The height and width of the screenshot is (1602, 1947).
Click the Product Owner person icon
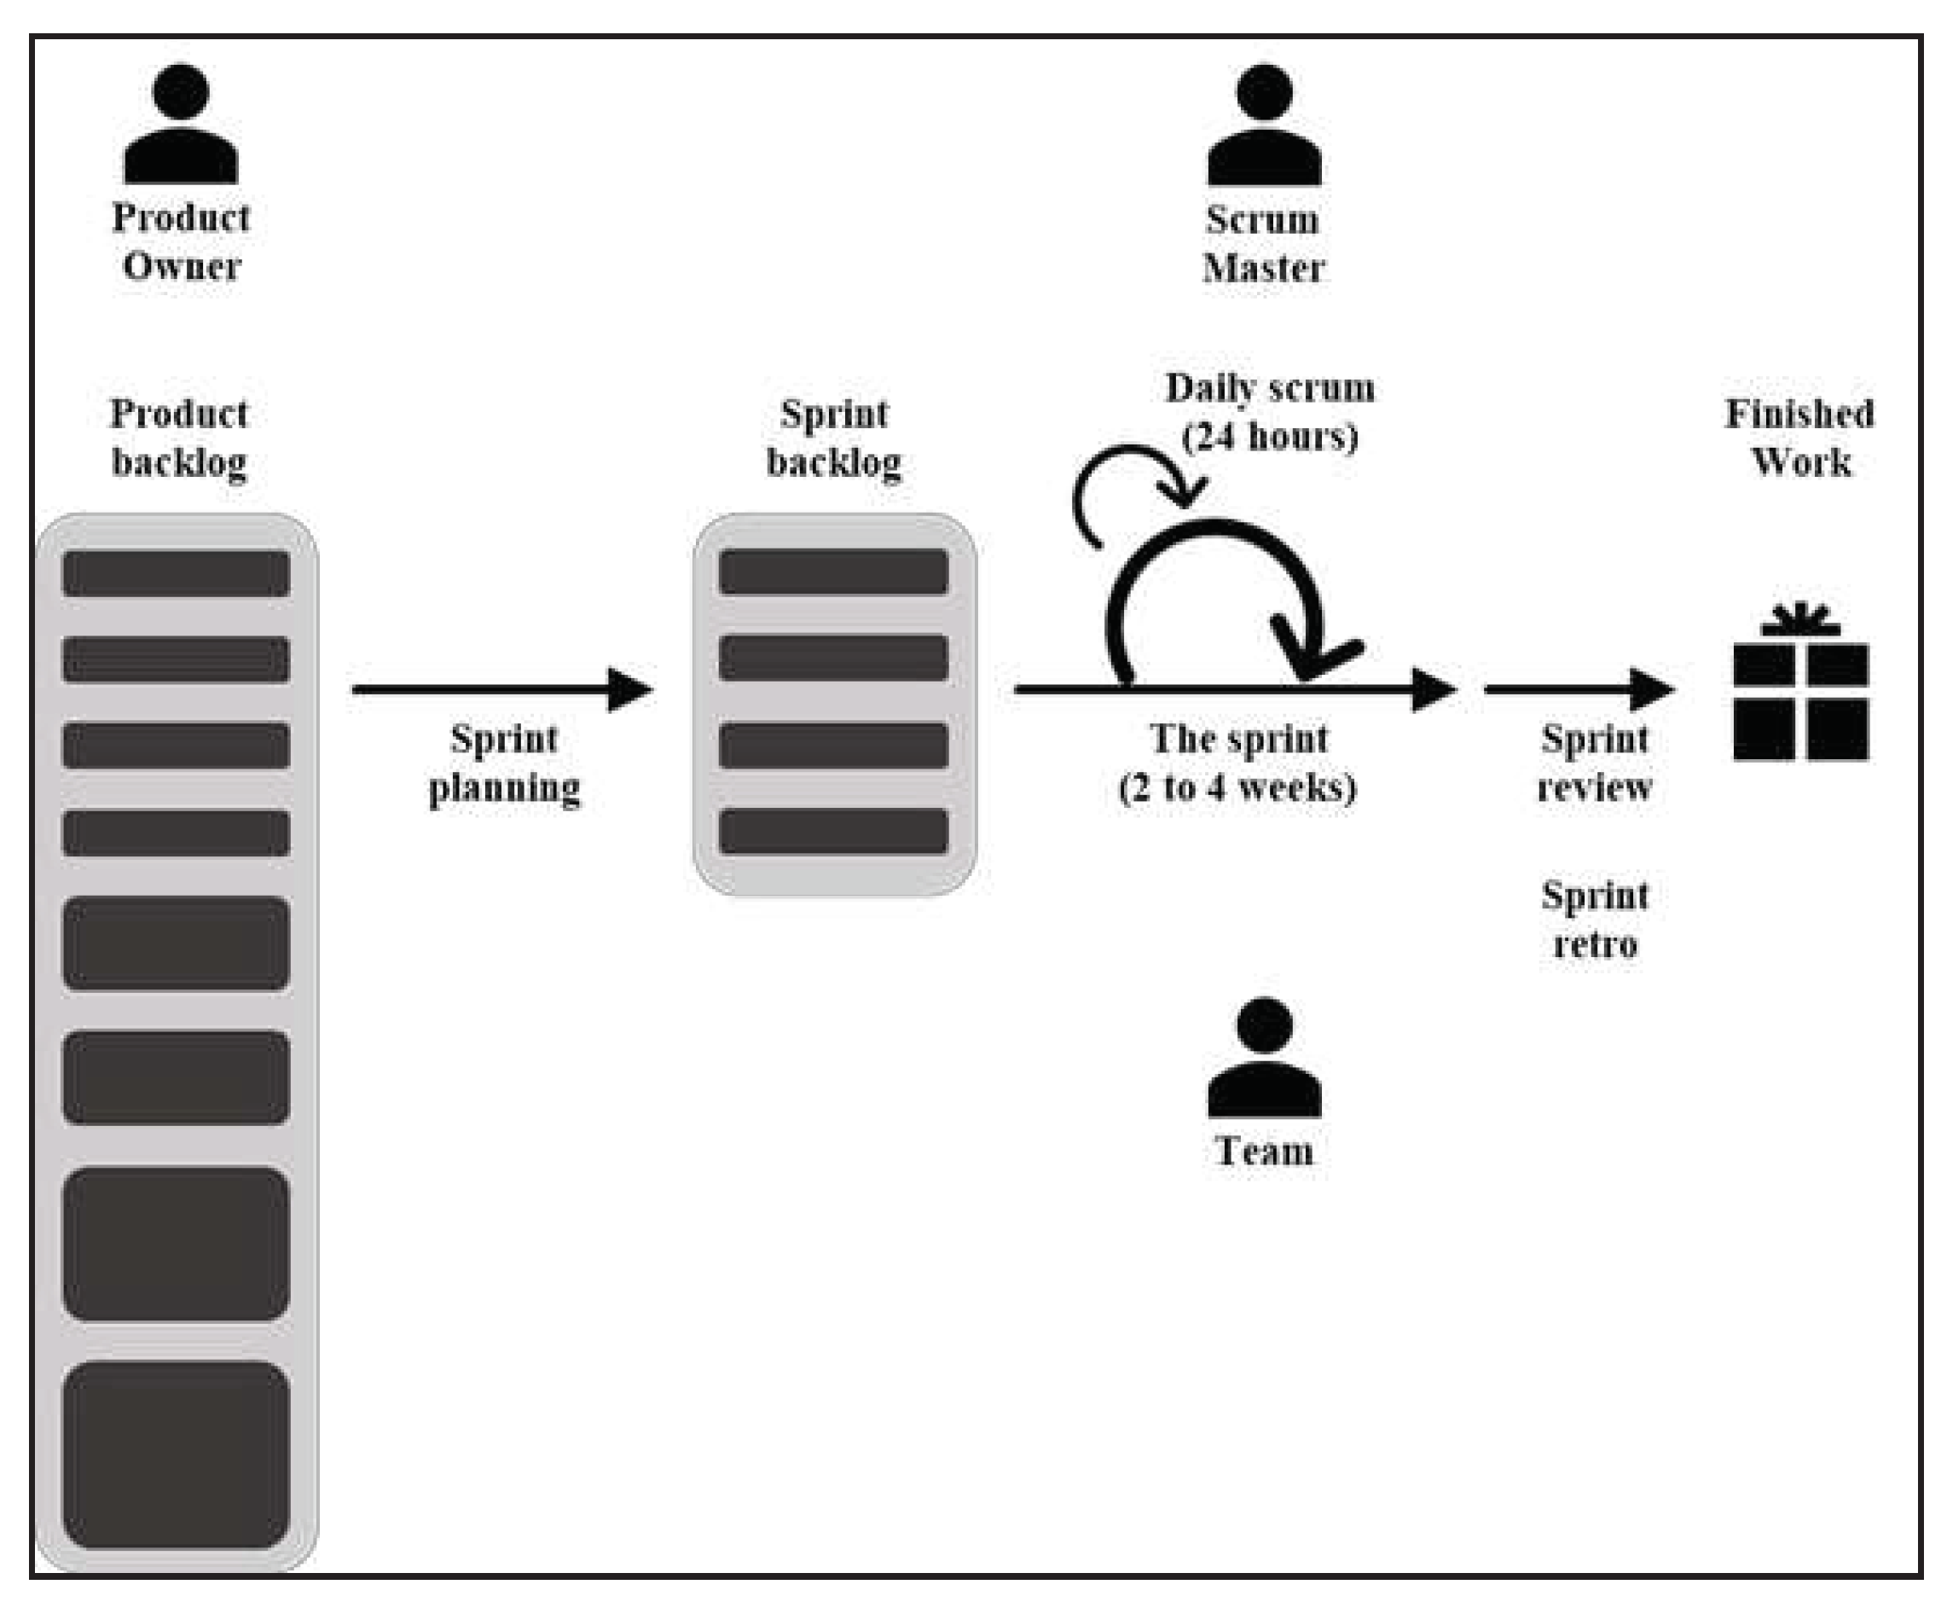point(181,125)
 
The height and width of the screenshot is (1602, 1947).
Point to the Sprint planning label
point(504,763)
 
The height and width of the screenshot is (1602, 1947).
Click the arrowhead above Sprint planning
point(630,689)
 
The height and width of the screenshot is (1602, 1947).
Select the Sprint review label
point(1595,763)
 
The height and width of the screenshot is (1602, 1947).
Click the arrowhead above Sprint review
point(1652,689)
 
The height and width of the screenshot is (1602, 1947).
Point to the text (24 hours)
point(1270,437)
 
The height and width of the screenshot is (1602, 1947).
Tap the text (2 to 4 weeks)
point(1237,788)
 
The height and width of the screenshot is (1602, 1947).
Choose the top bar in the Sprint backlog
point(833,572)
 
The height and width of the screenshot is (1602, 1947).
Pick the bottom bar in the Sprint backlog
point(833,831)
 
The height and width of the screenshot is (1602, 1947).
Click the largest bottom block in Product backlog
point(177,1454)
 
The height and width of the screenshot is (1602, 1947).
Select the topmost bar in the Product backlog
point(177,573)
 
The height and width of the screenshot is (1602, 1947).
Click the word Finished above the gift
point(1799,414)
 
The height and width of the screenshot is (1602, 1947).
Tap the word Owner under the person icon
point(182,267)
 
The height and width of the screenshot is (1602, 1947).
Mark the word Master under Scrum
point(1263,269)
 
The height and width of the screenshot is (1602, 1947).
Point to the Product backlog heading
point(179,438)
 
